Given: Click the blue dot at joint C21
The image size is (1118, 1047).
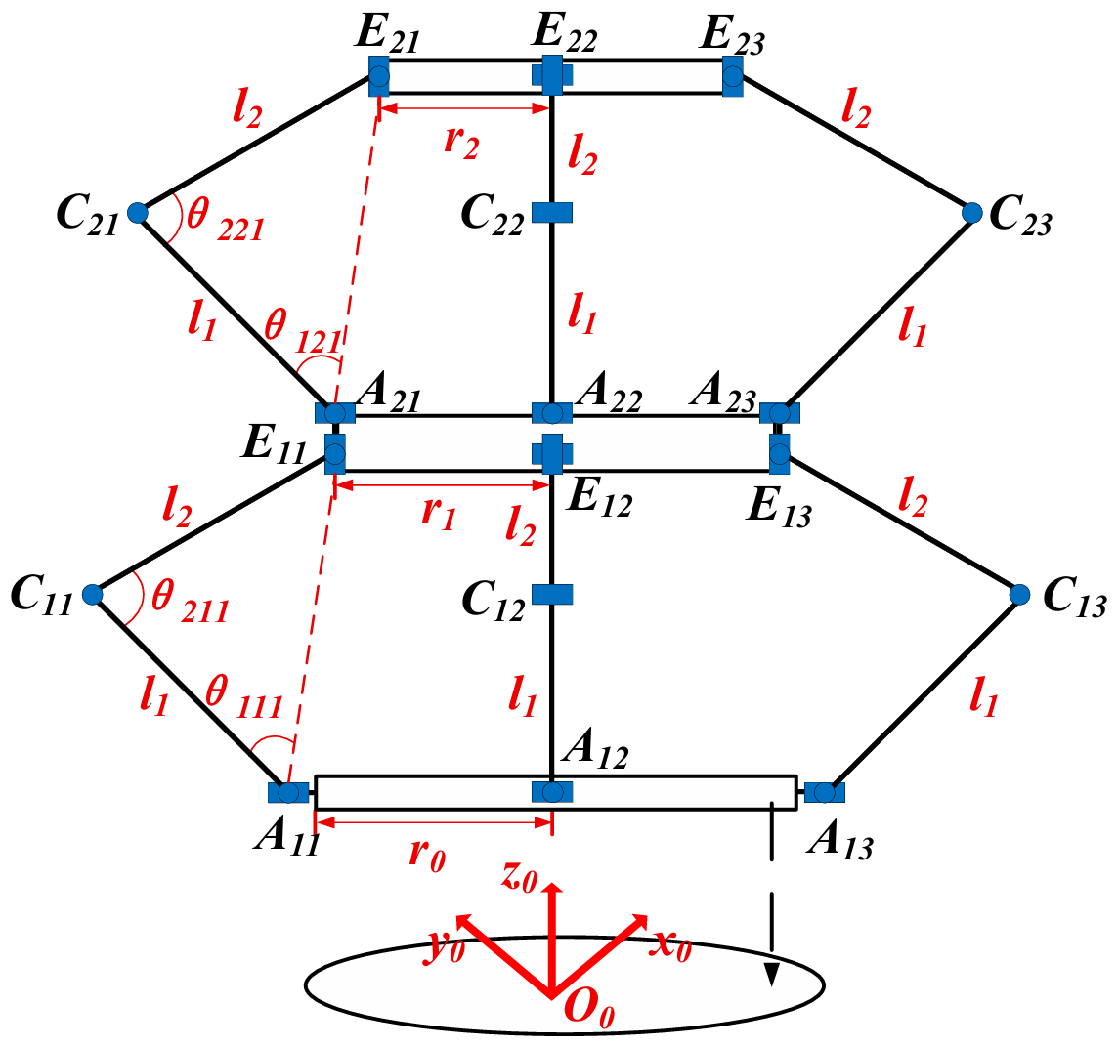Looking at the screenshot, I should pos(137,211).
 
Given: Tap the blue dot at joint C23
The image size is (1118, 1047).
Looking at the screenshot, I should pos(971,211).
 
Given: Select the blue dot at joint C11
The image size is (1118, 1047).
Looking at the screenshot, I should pos(93,594).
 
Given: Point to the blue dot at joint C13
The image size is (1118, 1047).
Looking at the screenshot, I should pos(1020,593).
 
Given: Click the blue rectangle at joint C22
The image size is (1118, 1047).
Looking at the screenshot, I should pos(551,211).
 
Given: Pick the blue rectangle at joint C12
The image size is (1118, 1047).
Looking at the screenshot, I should pos(551,594).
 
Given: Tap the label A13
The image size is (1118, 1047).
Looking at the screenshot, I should pos(838,839).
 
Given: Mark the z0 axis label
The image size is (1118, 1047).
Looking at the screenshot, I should pos(520,876).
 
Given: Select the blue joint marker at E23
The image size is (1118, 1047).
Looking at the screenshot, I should pos(732,74).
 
